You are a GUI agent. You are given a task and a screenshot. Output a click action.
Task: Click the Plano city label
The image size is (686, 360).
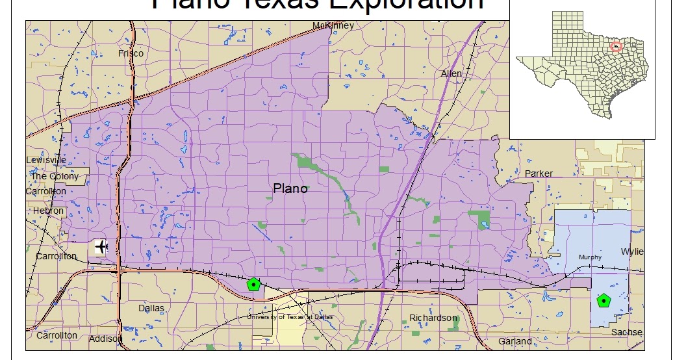[290, 189]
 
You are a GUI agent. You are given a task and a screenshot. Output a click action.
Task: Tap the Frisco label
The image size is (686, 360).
[131, 53]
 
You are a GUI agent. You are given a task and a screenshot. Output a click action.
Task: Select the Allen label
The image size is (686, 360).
[451, 73]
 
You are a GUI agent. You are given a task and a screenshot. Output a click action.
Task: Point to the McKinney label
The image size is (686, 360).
[333, 26]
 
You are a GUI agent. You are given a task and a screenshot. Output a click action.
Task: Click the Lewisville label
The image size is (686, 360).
[46, 160]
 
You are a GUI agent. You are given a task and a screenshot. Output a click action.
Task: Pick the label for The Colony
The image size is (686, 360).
[55, 176]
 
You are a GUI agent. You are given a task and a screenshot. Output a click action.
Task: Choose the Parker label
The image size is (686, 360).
[539, 174]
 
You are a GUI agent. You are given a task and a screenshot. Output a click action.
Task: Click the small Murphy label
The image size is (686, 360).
[590, 257]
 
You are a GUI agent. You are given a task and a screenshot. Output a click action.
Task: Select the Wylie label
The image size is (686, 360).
[632, 251]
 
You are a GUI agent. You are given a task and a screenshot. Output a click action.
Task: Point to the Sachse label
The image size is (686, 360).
[627, 332]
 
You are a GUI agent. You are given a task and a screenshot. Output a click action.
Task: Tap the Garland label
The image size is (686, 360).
[515, 341]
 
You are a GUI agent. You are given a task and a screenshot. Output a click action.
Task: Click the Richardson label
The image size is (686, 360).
[433, 318]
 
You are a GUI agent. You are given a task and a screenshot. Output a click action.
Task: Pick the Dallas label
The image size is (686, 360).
[151, 308]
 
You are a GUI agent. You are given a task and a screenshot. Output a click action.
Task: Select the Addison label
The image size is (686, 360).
[105, 339]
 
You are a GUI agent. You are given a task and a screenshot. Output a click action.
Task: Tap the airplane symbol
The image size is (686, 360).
[101, 247]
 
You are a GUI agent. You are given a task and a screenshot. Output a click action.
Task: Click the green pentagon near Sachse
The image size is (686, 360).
[605, 301]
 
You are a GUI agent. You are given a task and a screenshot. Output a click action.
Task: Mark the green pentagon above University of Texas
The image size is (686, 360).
[253, 284]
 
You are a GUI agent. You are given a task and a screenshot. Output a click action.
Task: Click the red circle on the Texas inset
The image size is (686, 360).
[617, 46]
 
